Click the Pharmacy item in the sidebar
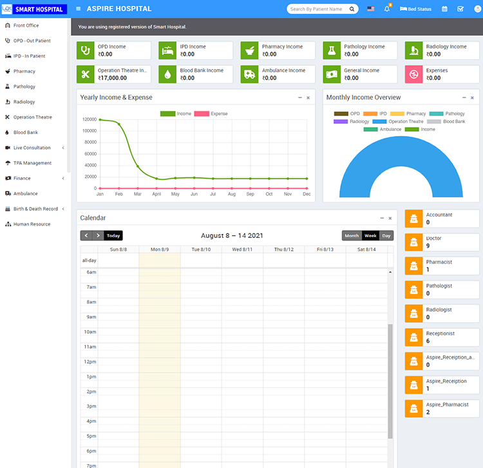coord(24,72)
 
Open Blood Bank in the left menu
coord(26,132)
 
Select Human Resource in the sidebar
coord(32,224)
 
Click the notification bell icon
coord(388,9)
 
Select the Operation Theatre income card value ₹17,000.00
coord(113,78)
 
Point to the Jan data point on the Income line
coord(100,119)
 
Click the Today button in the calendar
coord(113,235)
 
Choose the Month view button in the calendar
coord(352,235)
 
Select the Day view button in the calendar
coord(386,235)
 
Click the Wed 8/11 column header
coord(242,249)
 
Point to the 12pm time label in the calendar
coord(89,362)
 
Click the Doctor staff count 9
coord(428,246)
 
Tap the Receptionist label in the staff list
coord(440,333)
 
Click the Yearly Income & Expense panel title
coord(116,97)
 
